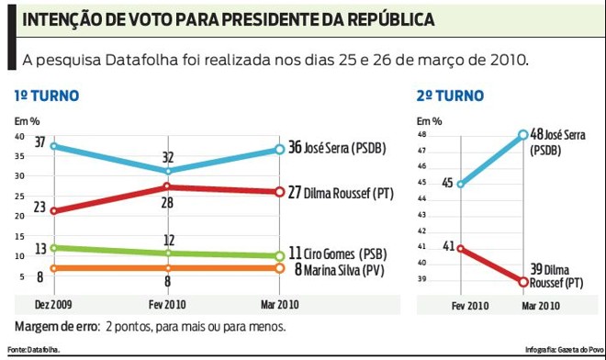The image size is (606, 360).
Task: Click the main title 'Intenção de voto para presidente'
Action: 228,20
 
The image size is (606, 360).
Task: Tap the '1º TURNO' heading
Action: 46,96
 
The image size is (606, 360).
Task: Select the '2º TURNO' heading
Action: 450,96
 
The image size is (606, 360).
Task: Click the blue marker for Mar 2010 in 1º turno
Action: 279,150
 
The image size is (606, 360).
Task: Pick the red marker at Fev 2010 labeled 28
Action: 167,187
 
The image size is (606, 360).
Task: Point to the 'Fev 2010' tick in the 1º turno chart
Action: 166,304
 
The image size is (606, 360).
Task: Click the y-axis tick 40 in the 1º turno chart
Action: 19,137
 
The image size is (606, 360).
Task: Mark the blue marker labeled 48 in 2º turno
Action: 523,135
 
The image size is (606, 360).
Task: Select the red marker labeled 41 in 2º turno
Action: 460,248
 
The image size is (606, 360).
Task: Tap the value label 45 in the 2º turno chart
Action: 445,183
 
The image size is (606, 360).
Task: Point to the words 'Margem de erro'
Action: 53,326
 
